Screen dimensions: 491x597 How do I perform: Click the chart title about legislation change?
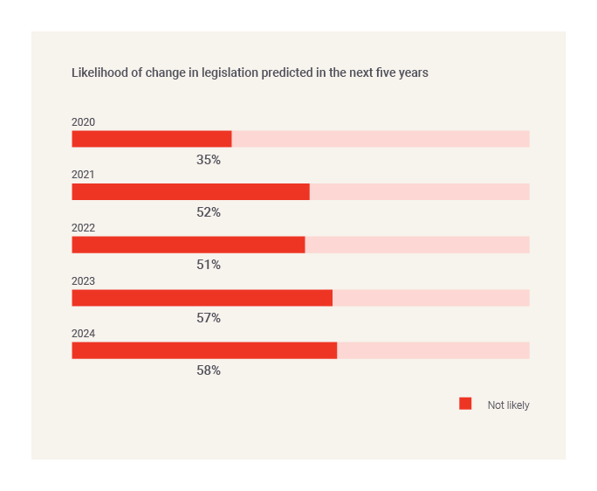(x=250, y=73)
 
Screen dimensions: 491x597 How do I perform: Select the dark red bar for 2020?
(x=151, y=139)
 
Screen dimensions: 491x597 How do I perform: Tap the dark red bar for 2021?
(x=190, y=192)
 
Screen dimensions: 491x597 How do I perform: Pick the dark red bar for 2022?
(x=188, y=245)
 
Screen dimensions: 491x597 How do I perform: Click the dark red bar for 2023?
(x=202, y=298)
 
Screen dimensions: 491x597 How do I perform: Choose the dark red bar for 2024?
(x=204, y=350)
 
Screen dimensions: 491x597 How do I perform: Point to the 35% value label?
(x=209, y=160)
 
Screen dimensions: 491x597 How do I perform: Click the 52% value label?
(x=209, y=212)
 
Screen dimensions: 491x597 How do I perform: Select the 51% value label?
(x=209, y=265)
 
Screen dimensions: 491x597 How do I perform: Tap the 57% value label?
(x=209, y=318)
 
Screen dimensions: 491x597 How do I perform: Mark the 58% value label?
(x=209, y=370)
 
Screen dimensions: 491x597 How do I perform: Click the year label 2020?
(x=83, y=122)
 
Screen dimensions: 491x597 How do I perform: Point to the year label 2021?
(x=83, y=175)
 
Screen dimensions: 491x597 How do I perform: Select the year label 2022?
(x=83, y=228)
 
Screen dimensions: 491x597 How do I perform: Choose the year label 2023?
(x=83, y=281)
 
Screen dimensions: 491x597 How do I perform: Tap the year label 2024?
(x=83, y=334)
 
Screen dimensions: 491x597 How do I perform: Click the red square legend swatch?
(x=465, y=404)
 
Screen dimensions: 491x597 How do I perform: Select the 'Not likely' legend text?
(x=508, y=405)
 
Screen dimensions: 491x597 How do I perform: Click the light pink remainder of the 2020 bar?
(x=381, y=139)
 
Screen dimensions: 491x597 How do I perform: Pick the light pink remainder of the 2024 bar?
(x=433, y=350)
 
